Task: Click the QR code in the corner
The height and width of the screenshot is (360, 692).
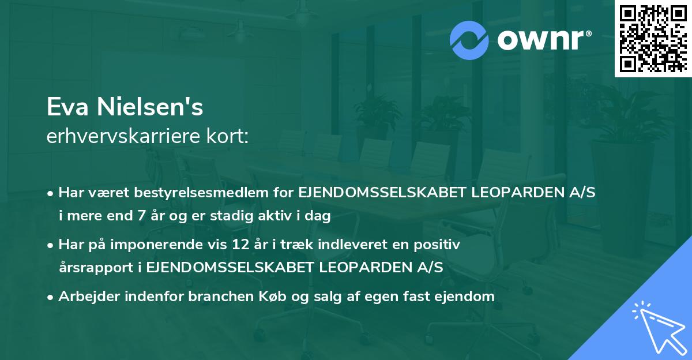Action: click(x=653, y=38)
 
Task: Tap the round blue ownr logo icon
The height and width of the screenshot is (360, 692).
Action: click(x=469, y=40)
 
